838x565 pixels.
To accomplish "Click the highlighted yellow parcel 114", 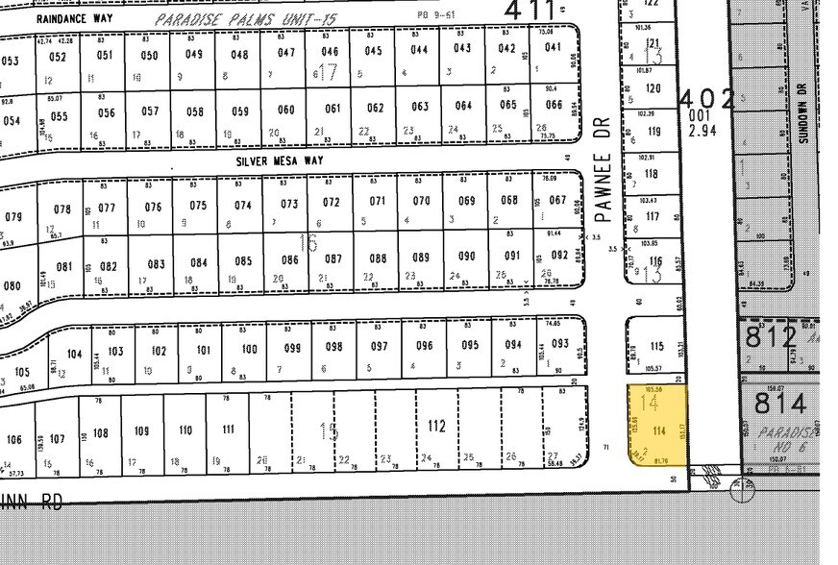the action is pyautogui.click(x=658, y=425).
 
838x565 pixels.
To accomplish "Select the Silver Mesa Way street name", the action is pyautogui.click(x=280, y=162).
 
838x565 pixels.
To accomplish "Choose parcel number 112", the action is pyautogui.click(x=436, y=425).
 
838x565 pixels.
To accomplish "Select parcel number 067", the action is pyautogui.click(x=557, y=201).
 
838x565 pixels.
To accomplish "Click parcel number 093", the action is pyautogui.click(x=560, y=344).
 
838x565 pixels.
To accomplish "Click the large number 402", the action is pyautogui.click(x=707, y=99).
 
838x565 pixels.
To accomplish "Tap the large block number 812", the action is pyautogui.click(x=771, y=337).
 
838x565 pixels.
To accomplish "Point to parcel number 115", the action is pyautogui.click(x=656, y=347).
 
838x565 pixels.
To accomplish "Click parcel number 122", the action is pyautogui.click(x=652, y=4).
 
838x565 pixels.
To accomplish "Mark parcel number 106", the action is pyautogui.click(x=13, y=440).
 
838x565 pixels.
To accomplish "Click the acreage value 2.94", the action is pyautogui.click(x=704, y=130).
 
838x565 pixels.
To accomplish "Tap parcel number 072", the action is pyautogui.click(x=332, y=203).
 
